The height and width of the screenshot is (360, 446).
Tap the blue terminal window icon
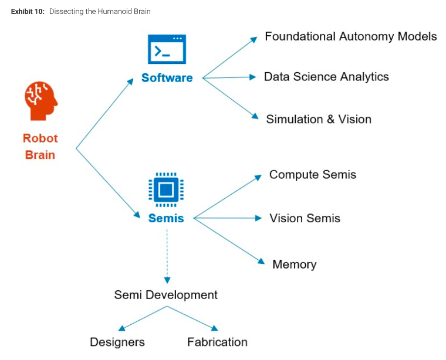[x=167, y=49]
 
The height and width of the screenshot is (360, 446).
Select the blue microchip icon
[x=166, y=189]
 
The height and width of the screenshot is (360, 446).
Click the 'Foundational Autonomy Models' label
[x=350, y=36]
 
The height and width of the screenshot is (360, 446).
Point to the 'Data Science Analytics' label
[x=326, y=77]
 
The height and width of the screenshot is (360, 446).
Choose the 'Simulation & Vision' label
[x=319, y=119]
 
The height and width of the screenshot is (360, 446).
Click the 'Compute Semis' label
[x=313, y=175]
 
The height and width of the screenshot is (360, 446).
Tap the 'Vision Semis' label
[x=305, y=218]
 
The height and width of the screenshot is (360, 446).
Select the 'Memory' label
[x=294, y=264]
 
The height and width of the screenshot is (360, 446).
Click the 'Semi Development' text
[x=165, y=295]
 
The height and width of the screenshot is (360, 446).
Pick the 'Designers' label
[x=117, y=342]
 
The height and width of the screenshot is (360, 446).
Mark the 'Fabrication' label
[x=217, y=342]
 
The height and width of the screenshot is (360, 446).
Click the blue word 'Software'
[x=167, y=78]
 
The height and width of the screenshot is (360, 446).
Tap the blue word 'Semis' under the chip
[x=166, y=219]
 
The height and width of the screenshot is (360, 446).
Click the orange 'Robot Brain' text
[x=40, y=147]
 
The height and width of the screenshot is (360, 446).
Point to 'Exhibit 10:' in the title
[x=28, y=12]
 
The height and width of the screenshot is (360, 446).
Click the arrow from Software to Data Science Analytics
[x=229, y=77]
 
